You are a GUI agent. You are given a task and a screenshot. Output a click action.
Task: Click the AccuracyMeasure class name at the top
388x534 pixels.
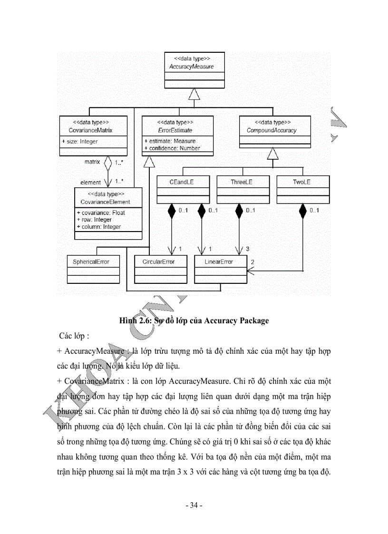[x=192, y=67]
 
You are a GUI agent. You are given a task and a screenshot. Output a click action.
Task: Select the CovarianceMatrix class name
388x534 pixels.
[x=93, y=130]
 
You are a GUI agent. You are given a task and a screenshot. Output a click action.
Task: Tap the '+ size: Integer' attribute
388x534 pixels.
[x=80, y=141]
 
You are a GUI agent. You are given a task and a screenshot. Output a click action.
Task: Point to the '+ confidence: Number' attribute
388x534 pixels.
[x=172, y=148]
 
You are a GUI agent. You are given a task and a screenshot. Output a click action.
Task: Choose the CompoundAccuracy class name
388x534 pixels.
[x=272, y=130]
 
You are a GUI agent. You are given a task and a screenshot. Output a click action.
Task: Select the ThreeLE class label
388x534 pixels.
[x=242, y=182]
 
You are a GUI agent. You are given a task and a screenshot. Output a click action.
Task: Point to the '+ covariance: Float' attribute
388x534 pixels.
[x=100, y=213]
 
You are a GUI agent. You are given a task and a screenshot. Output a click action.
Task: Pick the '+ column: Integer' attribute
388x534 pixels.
[x=98, y=227]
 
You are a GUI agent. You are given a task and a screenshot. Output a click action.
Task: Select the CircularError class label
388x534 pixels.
[x=159, y=262]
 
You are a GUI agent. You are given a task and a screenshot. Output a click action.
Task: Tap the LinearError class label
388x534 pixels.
[x=219, y=262]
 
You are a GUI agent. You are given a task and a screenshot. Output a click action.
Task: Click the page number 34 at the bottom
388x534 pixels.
[x=194, y=505]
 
